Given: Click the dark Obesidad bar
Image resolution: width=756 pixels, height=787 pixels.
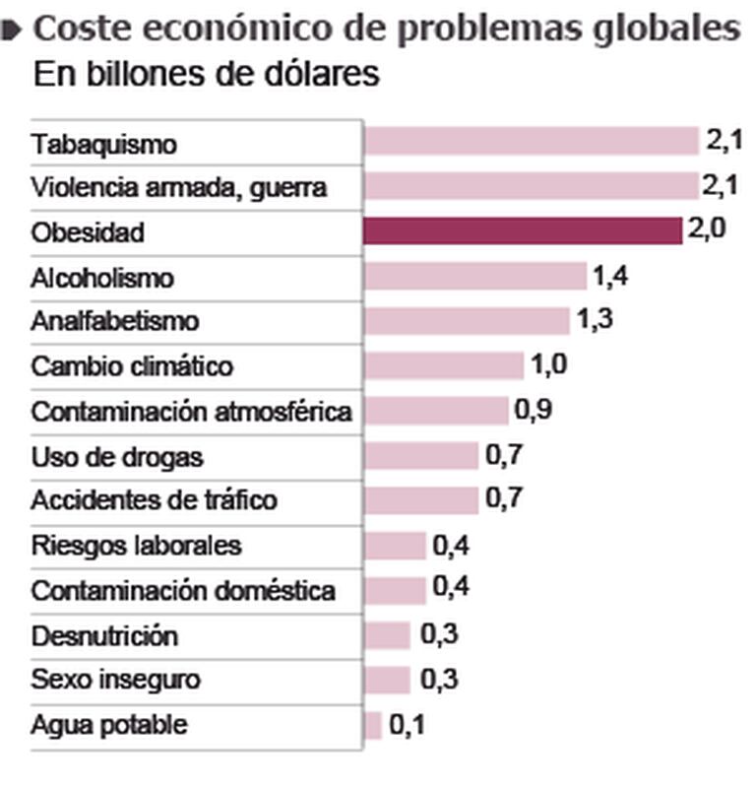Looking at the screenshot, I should (x=522, y=231).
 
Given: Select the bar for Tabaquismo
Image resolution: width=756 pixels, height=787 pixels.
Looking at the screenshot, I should (x=530, y=142).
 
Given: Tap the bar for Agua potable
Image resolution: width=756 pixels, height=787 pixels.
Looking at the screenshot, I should (x=372, y=726).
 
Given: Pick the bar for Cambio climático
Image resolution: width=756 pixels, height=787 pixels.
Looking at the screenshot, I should (x=443, y=365).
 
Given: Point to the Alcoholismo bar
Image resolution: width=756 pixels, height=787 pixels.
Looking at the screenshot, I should (x=474, y=276).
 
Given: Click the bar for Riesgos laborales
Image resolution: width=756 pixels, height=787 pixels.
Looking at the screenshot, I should (x=394, y=545).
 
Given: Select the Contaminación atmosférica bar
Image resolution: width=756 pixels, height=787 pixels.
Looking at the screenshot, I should (x=436, y=410).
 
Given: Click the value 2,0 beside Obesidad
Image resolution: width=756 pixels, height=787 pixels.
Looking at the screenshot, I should (x=706, y=231).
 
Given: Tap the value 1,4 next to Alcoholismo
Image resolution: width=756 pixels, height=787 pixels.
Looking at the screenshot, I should (x=610, y=276).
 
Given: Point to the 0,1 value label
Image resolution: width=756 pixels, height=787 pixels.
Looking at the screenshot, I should (x=408, y=726).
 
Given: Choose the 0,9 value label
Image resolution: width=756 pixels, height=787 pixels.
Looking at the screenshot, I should (x=533, y=410).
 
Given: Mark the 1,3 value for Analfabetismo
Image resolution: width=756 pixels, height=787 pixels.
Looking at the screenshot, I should (x=594, y=320).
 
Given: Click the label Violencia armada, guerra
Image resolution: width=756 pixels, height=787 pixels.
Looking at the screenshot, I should (x=178, y=187).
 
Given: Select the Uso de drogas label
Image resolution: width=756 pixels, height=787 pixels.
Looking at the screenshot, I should (x=117, y=456).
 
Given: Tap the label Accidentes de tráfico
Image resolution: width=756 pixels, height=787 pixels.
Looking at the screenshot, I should (x=154, y=500).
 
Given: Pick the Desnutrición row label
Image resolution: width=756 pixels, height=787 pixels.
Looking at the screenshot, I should (x=104, y=635).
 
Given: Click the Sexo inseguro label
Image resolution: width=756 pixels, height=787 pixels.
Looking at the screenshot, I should (x=115, y=680).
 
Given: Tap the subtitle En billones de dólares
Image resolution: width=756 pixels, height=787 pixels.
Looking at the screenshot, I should (x=206, y=75).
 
